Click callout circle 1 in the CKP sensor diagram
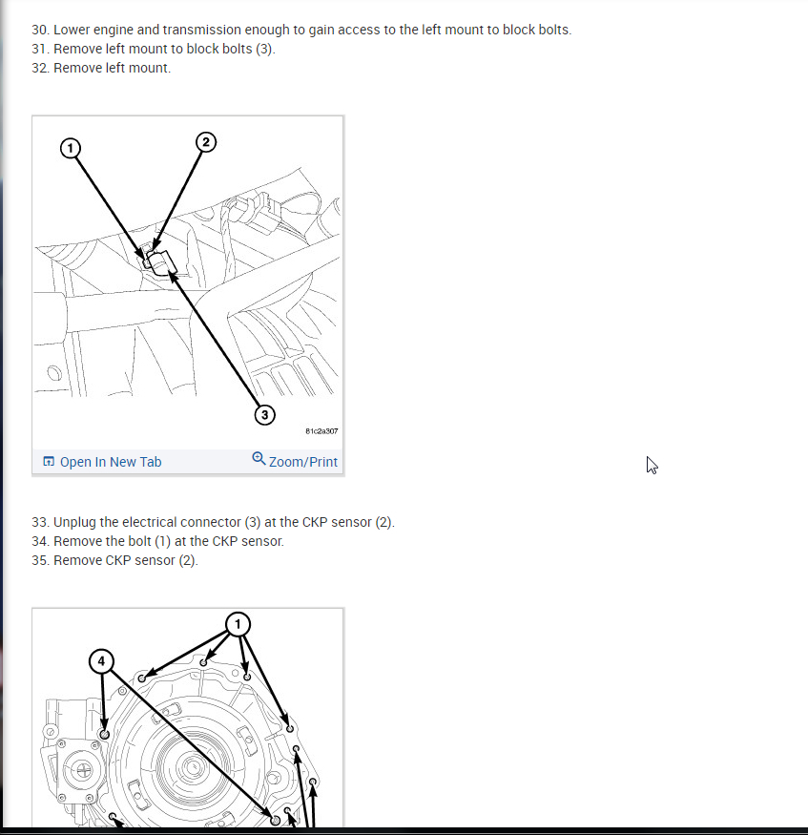pos(71,148)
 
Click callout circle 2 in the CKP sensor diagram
pos(206,142)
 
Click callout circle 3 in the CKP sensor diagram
pos(264,415)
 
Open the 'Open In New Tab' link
pos(111,462)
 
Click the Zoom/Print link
pos(302,462)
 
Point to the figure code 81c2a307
pos(321,430)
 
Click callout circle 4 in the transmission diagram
pos(102,661)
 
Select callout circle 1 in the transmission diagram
pos(238,624)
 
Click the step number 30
pos(40,30)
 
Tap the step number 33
pos(40,522)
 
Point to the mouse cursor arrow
pos(652,465)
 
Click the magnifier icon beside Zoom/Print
pos(259,458)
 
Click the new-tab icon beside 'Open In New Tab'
pos(49,461)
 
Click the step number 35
pos(40,560)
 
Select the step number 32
pos(40,68)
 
